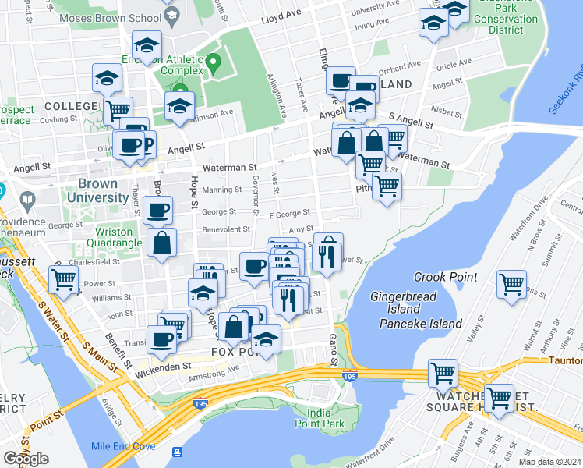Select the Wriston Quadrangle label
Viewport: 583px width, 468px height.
point(118,237)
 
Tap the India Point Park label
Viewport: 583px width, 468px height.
point(325,417)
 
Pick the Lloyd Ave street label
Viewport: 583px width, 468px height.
point(281,15)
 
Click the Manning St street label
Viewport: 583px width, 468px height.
point(222,190)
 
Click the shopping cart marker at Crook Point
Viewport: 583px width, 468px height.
point(511,285)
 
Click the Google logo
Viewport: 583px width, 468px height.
point(26,458)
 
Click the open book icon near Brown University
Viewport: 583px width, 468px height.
point(29,200)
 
